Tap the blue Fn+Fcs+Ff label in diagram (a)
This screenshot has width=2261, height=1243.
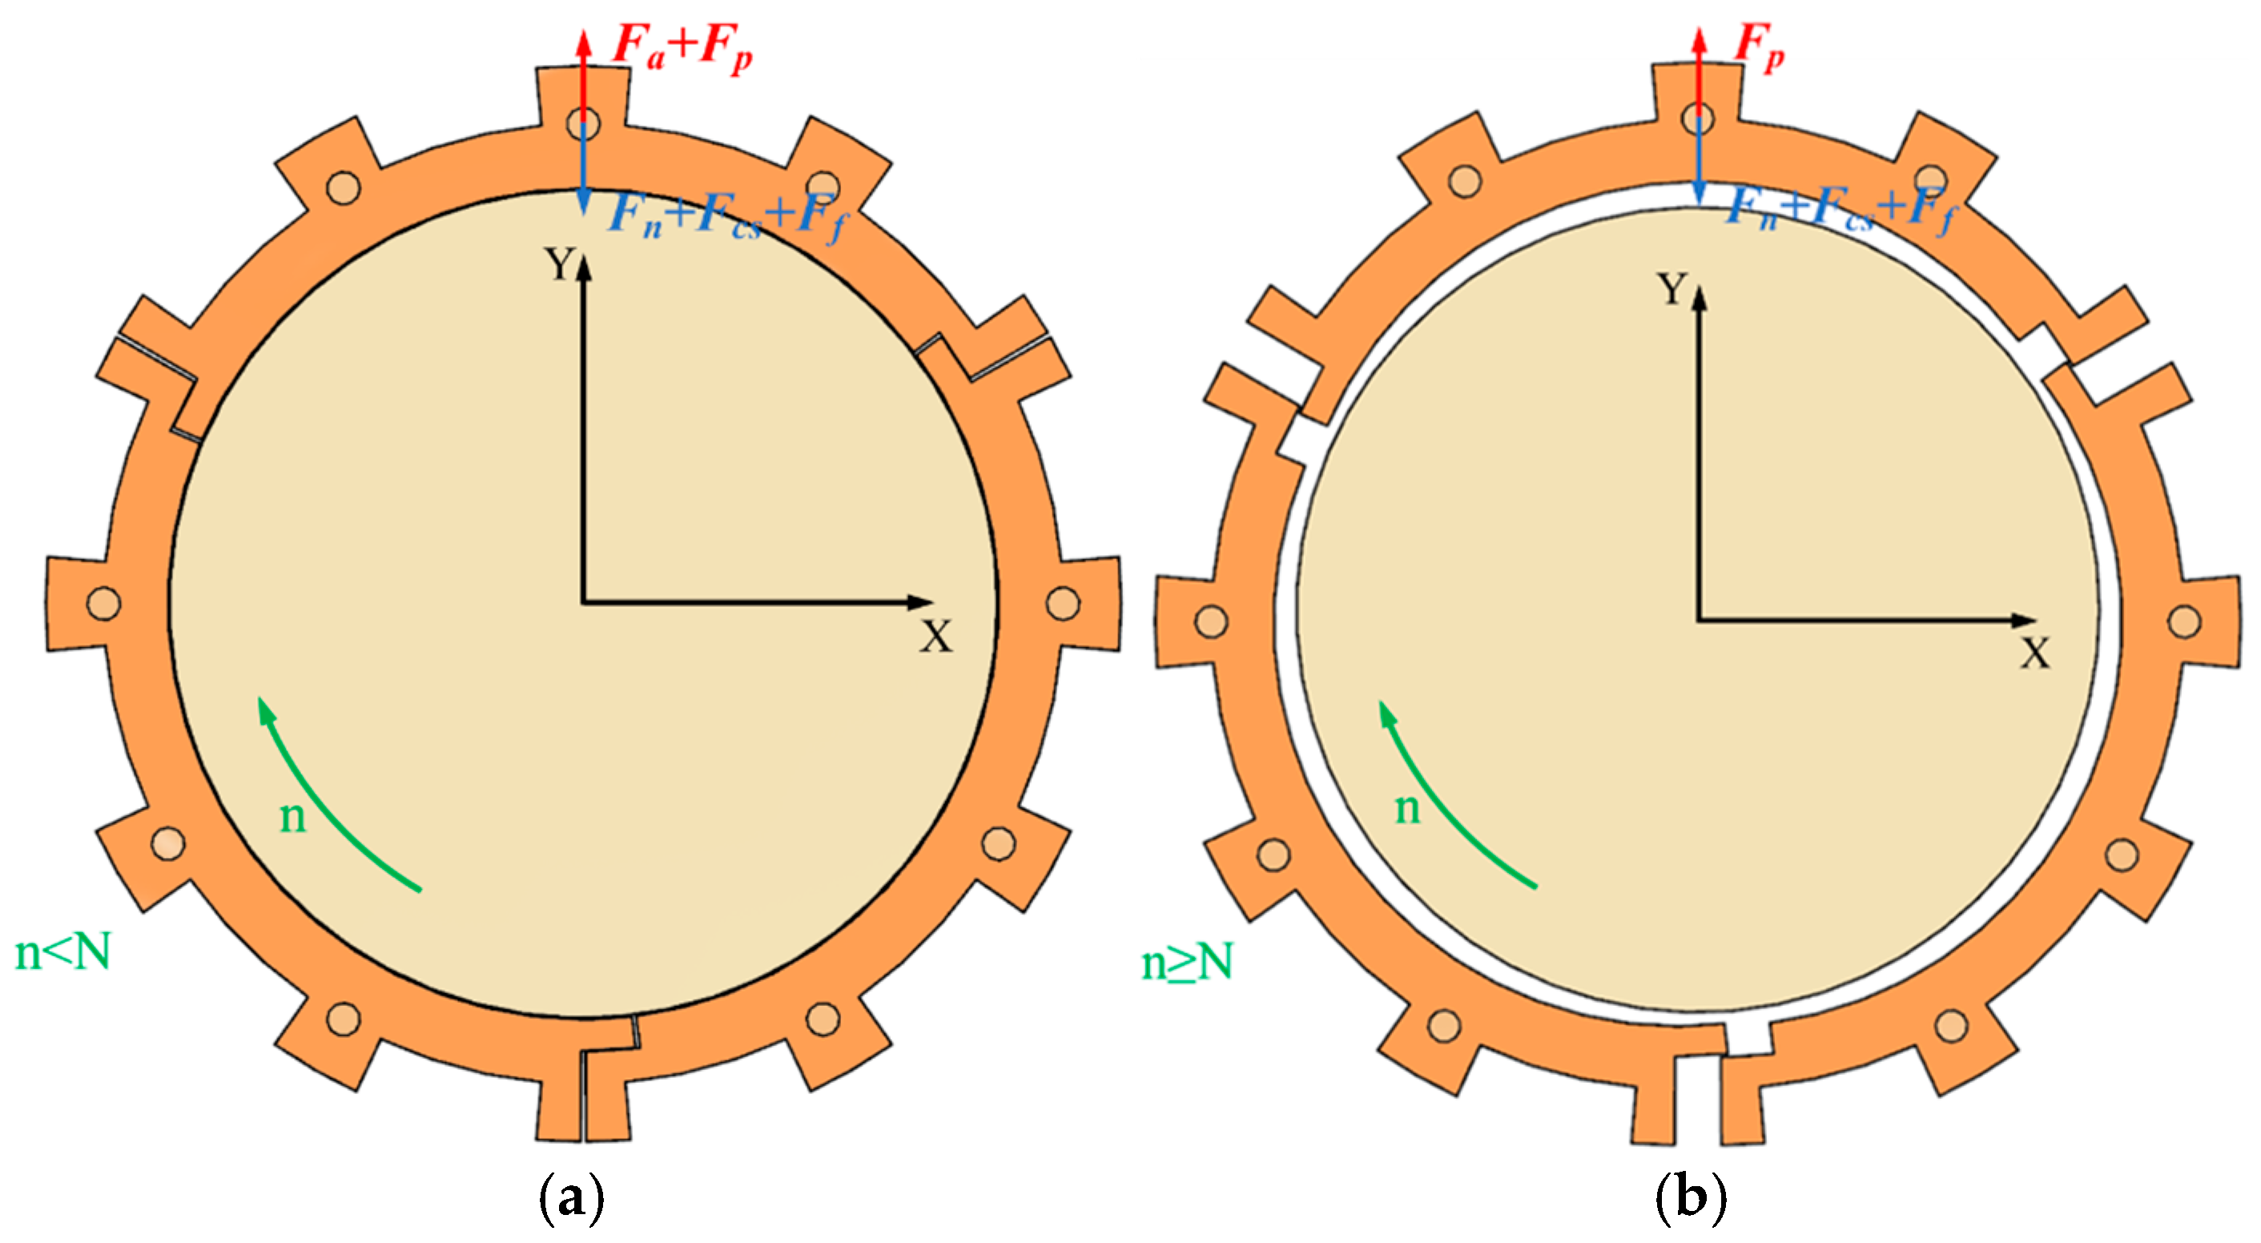click(x=726, y=215)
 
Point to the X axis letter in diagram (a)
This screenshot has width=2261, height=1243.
click(x=935, y=637)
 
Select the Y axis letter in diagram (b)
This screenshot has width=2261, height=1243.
click(x=1673, y=289)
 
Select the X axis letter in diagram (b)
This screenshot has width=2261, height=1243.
click(x=2035, y=654)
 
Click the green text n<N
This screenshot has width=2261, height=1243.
click(x=63, y=951)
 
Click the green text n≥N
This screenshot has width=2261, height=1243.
click(x=1187, y=962)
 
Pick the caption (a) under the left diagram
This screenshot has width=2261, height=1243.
click(x=571, y=1198)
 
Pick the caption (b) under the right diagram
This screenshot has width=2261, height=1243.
click(x=1691, y=1198)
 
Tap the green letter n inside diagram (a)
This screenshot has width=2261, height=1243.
click(x=292, y=817)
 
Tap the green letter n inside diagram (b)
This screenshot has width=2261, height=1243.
click(x=1407, y=807)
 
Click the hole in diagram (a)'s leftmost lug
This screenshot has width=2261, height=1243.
click(x=103, y=604)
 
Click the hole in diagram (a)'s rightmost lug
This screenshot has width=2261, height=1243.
click(x=1063, y=604)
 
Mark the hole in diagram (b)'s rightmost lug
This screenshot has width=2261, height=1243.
click(x=2184, y=621)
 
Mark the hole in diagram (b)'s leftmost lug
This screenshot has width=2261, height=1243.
click(x=1211, y=621)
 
